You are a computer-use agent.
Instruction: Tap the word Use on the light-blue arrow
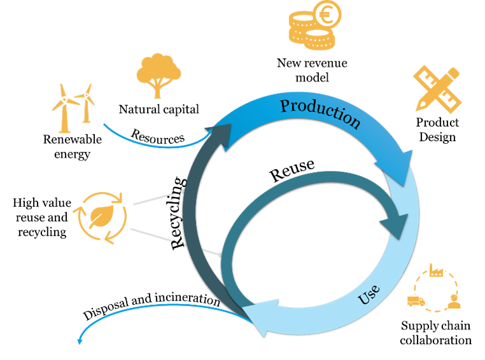[x=370, y=294]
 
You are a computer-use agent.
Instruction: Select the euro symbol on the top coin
[x=327, y=15]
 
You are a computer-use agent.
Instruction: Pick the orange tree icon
[x=158, y=74]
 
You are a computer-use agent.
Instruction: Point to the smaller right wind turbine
[x=85, y=102]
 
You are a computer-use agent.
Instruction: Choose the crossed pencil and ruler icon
[x=437, y=88]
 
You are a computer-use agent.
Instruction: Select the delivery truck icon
[x=416, y=301]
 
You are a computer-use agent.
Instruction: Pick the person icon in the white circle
[x=454, y=302]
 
